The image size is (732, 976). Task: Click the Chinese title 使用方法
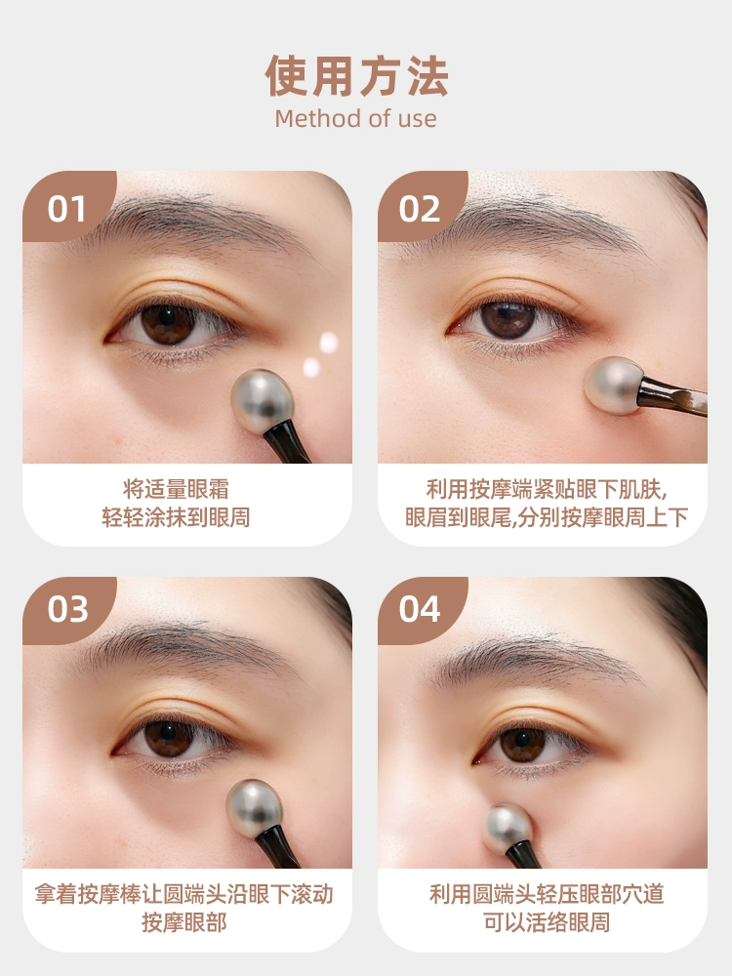tap(356, 76)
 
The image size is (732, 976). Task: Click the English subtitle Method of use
tap(355, 118)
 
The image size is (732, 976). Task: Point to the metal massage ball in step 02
tap(613, 386)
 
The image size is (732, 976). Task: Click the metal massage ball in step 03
tap(254, 808)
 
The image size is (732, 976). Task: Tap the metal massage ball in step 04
tap(508, 829)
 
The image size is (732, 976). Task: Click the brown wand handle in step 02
tap(672, 395)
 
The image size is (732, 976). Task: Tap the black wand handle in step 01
tap(286, 442)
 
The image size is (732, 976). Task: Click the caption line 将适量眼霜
tap(176, 489)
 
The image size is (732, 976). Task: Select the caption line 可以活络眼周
tap(547, 922)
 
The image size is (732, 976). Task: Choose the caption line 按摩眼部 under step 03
tap(184, 922)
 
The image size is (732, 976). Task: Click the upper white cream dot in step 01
tap(329, 343)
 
